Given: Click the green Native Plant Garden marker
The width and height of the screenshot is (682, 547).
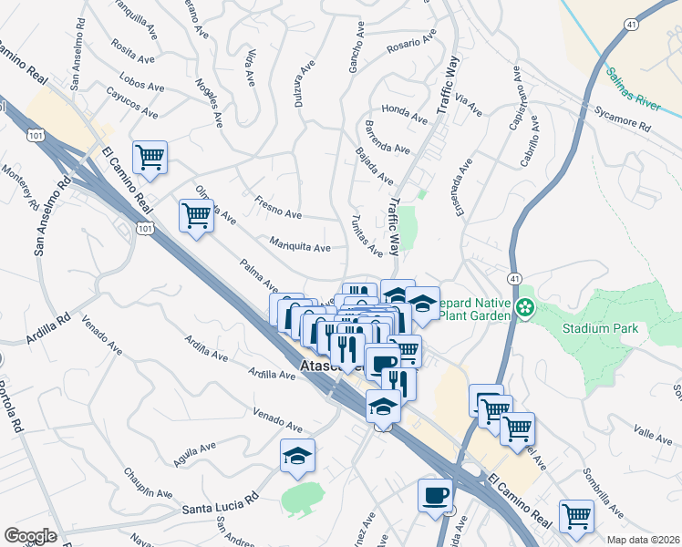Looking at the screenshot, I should coord(524,308).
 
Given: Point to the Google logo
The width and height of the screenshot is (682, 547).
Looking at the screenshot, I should coord(30,536).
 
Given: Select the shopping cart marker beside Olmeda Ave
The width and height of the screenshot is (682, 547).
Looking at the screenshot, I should coord(197,217).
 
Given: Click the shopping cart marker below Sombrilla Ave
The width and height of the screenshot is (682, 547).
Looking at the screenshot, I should coord(577,516).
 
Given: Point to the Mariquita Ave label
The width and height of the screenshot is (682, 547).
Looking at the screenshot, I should coord(300,245).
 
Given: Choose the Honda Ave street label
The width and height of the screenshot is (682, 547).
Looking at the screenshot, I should coord(405,115).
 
